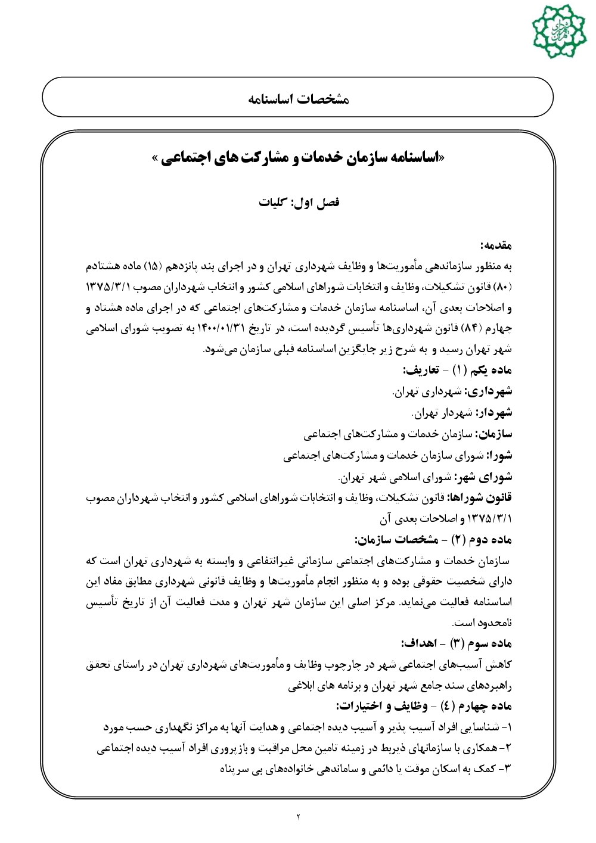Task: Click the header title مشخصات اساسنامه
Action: coord(298,98)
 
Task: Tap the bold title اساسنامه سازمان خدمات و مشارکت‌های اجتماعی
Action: coord(298,158)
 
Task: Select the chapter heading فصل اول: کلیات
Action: coord(299,202)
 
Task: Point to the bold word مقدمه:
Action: coord(496,245)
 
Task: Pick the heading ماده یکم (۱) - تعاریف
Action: coord(457,371)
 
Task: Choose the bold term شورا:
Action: coord(498,456)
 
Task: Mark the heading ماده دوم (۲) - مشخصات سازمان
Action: coord(433,540)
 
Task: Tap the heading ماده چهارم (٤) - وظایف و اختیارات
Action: coord(424,707)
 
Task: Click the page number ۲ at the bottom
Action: coord(298,816)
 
